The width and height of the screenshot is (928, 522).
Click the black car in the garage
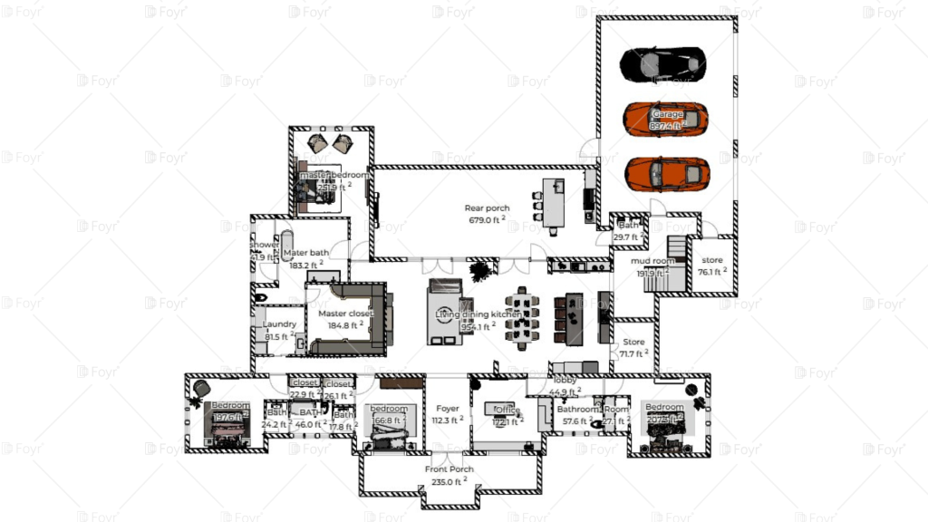click(663, 63)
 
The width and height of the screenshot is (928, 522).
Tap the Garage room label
click(667, 114)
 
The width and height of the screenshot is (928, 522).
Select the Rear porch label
click(487, 208)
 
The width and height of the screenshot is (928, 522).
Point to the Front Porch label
click(449, 469)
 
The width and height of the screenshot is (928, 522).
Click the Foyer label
click(448, 409)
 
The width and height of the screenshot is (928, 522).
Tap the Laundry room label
click(280, 324)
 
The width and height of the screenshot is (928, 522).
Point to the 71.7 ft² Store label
click(633, 342)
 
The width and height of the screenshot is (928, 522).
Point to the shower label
click(265, 245)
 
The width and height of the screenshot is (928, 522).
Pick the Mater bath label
click(306, 253)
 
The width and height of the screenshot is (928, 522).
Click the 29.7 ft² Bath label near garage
click(628, 226)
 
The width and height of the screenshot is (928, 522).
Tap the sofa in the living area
click(444, 314)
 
